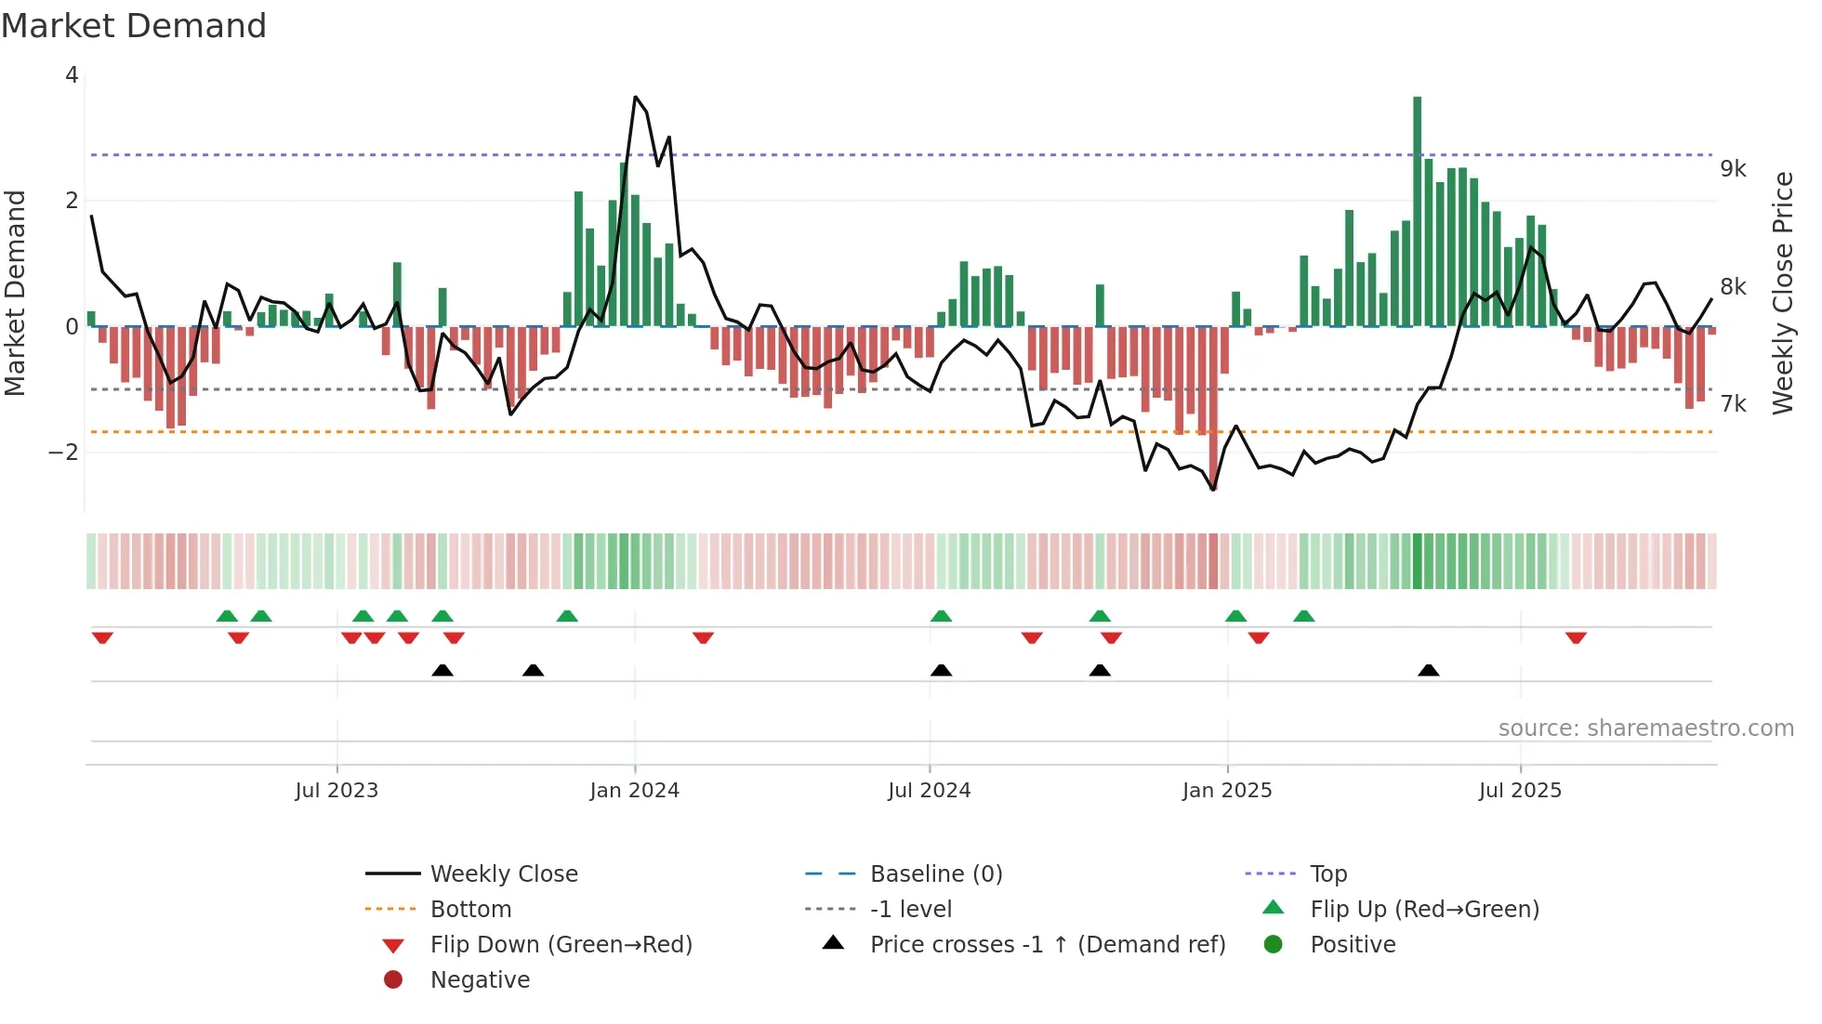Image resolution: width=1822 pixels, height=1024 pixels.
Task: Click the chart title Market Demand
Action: click(134, 26)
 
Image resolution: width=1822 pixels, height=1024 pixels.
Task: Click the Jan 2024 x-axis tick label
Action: click(634, 791)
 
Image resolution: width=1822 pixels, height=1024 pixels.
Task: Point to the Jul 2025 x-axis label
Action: click(1520, 791)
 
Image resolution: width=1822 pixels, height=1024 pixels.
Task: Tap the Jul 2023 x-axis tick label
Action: click(337, 791)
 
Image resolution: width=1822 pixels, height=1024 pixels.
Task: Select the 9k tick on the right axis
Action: click(1733, 169)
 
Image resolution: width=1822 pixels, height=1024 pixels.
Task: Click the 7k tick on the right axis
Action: click(1733, 404)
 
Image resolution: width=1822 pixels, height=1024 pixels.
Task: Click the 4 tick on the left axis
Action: click(72, 75)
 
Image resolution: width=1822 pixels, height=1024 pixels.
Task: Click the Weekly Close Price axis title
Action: click(1782, 293)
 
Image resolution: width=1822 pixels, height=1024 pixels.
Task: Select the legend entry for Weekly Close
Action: click(503, 874)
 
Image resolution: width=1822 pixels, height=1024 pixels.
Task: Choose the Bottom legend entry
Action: click(470, 910)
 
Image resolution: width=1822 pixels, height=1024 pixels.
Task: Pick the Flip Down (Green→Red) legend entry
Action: click(561, 945)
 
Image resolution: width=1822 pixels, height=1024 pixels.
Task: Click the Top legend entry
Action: click(1327, 874)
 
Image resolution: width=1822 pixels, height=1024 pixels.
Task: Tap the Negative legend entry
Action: click(480, 980)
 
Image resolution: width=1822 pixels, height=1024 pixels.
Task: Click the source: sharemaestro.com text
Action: click(1645, 729)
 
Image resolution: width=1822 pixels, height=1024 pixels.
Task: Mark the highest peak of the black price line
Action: click(636, 97)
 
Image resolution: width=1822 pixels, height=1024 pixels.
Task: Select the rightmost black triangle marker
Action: click(1429, 671)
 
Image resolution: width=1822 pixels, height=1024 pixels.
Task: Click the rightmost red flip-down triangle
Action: click(1576, 637)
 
